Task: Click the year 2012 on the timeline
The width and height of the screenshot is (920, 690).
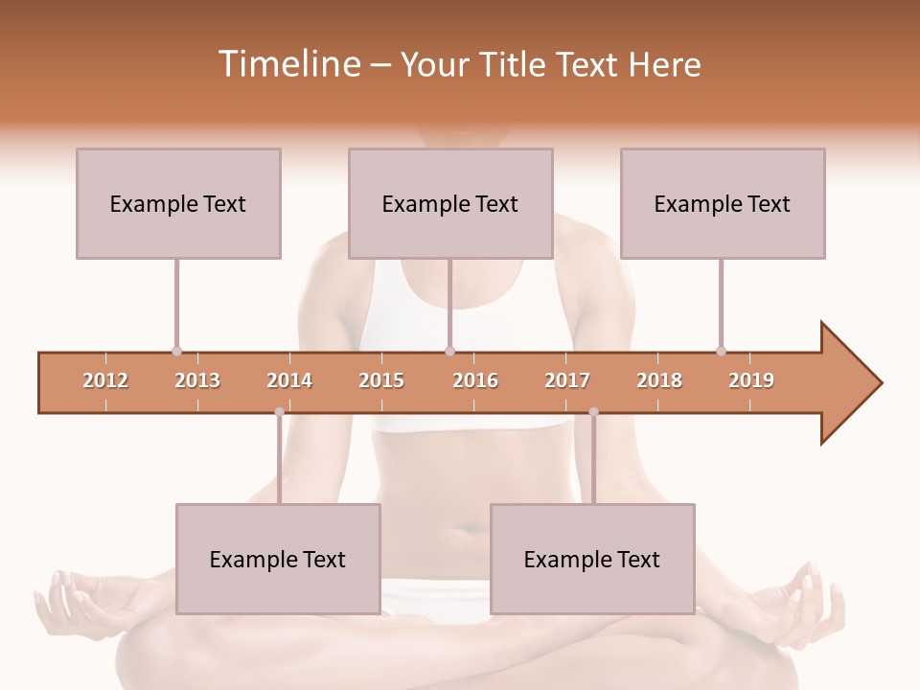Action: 105,380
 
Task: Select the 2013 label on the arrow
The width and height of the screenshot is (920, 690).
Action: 197,380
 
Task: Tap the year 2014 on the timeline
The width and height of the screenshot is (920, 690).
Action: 289,380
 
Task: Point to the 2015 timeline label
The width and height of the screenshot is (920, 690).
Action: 381,380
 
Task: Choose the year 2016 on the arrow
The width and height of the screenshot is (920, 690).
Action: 475,380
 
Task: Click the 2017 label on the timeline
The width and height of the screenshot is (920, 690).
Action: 567,380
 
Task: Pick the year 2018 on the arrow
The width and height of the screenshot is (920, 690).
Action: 659,380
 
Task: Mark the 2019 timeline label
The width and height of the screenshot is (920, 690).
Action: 751,380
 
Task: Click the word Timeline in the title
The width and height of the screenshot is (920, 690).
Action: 288,64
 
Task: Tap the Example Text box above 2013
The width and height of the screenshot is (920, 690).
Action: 178,203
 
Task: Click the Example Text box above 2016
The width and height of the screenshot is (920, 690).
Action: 450,203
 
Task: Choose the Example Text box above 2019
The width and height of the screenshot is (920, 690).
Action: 723,203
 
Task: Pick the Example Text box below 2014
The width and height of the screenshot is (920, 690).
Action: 278,559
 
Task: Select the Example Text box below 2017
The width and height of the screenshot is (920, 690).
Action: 592,559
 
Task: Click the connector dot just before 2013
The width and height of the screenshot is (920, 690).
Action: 176,352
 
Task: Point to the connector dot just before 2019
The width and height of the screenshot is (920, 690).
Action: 721,352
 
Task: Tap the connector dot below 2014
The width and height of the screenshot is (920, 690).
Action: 279,412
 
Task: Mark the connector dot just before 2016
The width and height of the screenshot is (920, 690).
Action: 449,352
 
